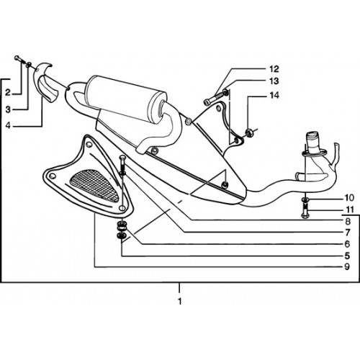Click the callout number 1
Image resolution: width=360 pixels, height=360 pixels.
[180, 301]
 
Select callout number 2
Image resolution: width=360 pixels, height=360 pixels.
[8, 92]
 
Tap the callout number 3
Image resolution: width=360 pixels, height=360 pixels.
[8, 109]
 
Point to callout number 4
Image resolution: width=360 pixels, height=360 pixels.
[8, 125]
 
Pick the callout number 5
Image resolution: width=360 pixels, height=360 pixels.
[347, 256]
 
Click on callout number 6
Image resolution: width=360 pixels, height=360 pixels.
[347, 244]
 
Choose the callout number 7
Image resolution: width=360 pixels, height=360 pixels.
[348, 233]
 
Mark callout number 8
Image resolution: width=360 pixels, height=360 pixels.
[348, 221]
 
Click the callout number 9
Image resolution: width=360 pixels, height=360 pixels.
[347, 266]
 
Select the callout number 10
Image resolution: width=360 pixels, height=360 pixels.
[349, 198]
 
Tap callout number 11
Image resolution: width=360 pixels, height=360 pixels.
[350, 210]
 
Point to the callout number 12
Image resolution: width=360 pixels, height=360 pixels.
[274, 69]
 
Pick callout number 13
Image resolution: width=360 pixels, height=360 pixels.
[274, 81]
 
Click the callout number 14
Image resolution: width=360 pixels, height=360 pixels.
[274, 95]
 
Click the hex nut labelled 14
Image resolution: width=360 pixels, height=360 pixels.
[249, 132]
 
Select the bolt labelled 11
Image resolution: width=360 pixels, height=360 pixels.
[305, 211]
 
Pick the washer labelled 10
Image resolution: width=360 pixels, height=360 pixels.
[305, 199]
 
